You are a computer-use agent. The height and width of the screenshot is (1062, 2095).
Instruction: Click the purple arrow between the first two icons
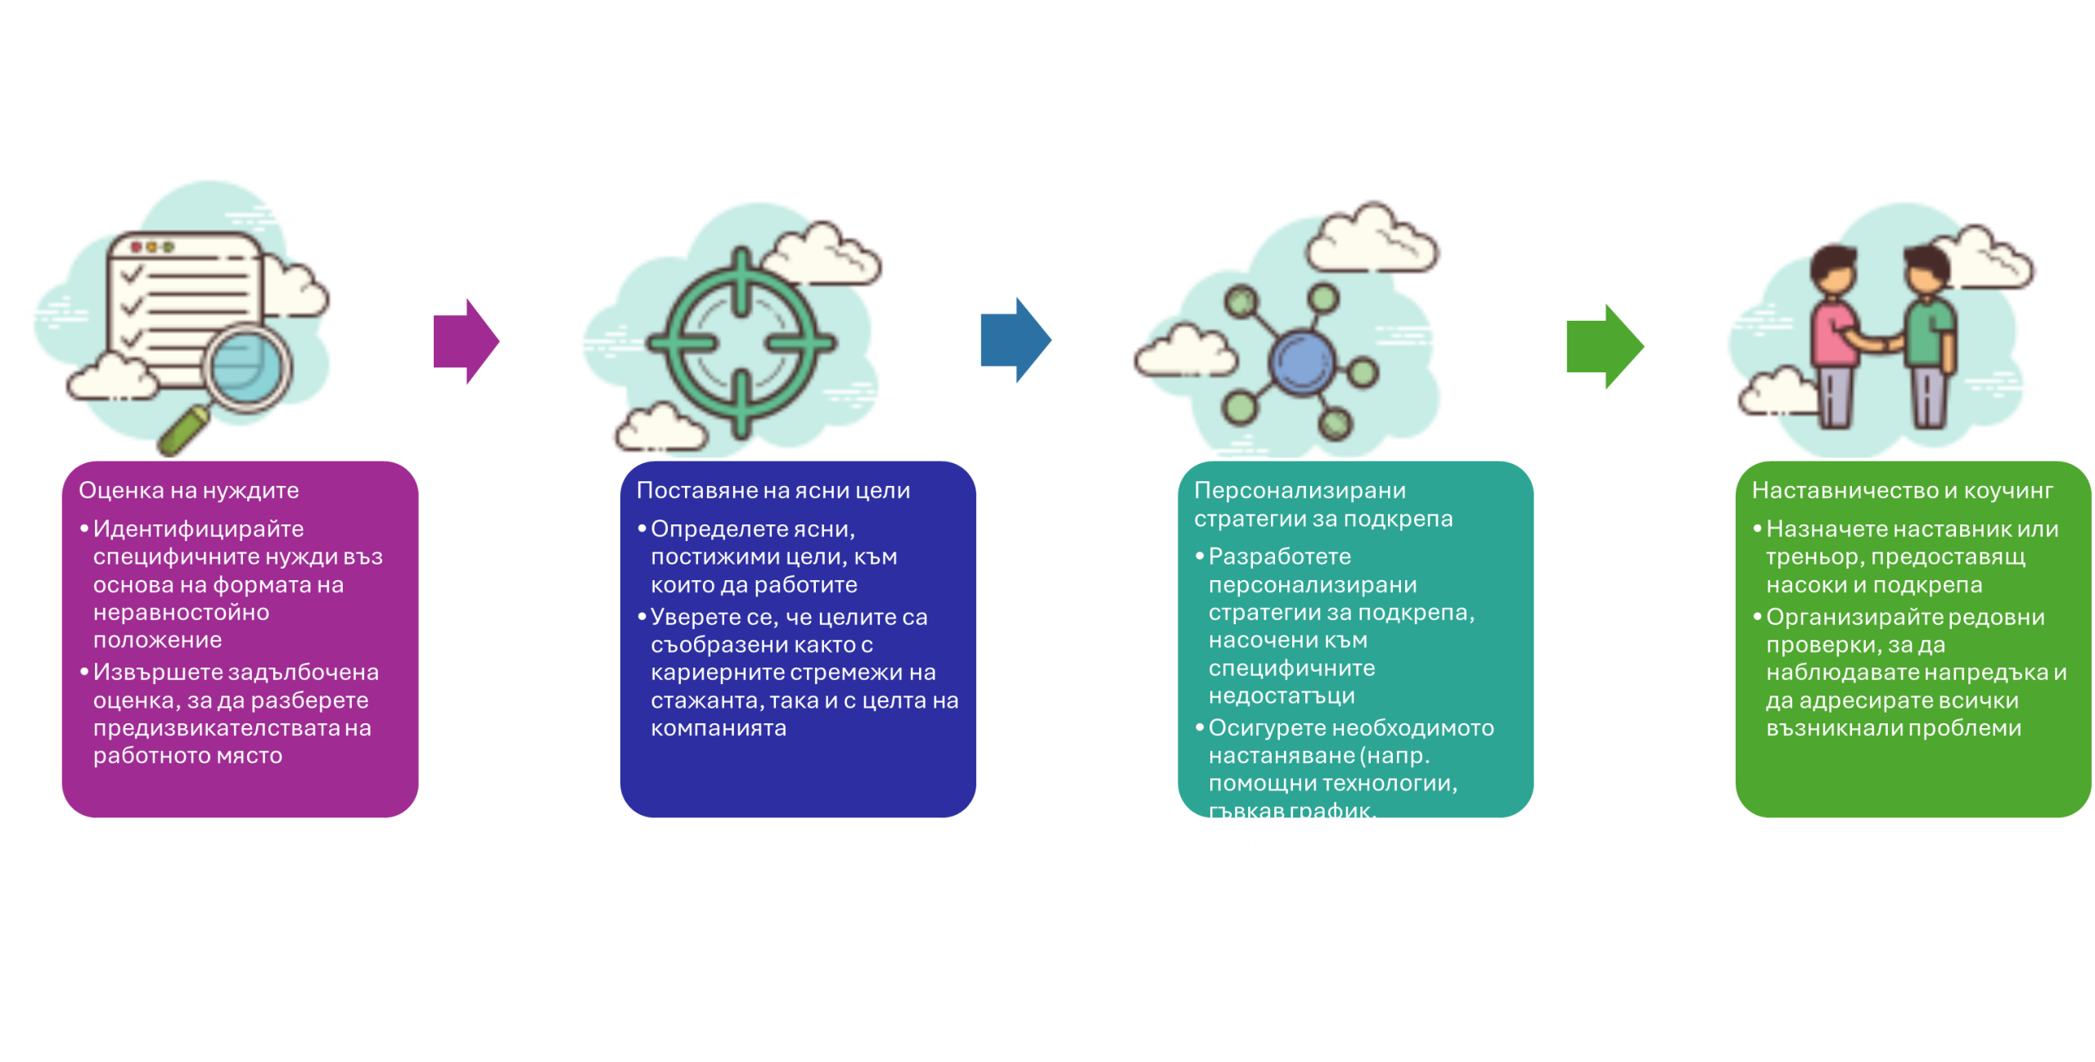[465, 341]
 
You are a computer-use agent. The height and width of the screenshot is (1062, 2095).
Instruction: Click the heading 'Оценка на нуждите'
[188, 491]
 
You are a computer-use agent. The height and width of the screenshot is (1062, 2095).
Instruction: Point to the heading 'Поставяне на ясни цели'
[773, 491]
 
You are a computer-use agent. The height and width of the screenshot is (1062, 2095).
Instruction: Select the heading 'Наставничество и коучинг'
[1902, 491]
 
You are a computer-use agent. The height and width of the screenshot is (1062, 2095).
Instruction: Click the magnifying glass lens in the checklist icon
[246, 366]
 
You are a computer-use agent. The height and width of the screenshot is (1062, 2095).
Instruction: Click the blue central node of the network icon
[1301, 362]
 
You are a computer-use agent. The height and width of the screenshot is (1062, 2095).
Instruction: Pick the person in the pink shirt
[1835, 335]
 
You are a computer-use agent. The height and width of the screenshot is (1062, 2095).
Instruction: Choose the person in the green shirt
[1930, 335]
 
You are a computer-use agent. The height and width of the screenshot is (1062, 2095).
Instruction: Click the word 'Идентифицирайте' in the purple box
[198, 529]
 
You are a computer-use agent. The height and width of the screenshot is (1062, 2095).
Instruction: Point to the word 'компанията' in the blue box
[718, 728]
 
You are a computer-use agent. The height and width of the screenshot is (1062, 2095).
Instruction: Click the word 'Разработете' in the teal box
[1279, 557]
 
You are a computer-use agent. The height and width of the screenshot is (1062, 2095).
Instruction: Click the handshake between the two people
[1882, 344]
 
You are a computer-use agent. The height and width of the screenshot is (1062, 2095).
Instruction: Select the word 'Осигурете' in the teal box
[1265, 728]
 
